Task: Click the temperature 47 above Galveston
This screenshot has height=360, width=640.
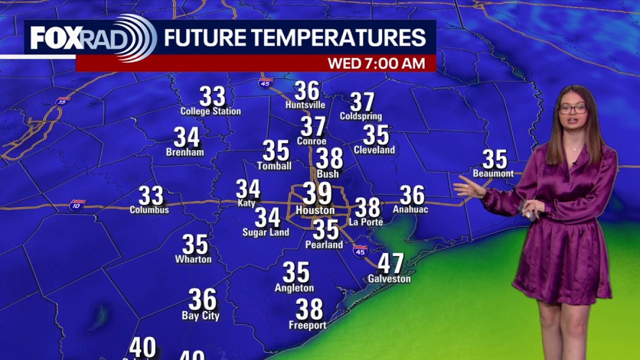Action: (390, 263)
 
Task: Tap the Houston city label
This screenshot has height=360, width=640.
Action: (315, 210)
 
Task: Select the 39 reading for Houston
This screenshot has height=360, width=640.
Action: (317, 193)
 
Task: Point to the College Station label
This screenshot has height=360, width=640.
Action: (210, 111)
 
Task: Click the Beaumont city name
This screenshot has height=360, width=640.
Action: (493, 173)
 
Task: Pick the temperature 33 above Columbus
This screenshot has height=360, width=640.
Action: (151, 196)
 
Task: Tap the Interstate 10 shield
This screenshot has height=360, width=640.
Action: (77, 205)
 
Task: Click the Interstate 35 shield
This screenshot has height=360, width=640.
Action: (63, 101)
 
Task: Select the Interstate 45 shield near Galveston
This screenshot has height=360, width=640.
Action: (360, 251)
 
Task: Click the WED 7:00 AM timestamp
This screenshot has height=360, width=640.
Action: (376, 63)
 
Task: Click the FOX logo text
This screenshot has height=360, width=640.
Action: (56, 38)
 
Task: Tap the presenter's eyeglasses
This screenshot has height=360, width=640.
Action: (572, 108)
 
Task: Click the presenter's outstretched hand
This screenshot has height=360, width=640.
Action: (467, 188)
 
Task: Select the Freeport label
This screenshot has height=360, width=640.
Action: (307, 325)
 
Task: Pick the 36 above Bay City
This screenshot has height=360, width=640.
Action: (202, 299)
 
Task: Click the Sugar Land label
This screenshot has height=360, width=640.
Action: (265, 232)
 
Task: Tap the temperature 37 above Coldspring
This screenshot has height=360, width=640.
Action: (362, 102)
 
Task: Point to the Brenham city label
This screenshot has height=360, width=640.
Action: (185, 152)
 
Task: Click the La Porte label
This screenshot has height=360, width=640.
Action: (366, 221)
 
